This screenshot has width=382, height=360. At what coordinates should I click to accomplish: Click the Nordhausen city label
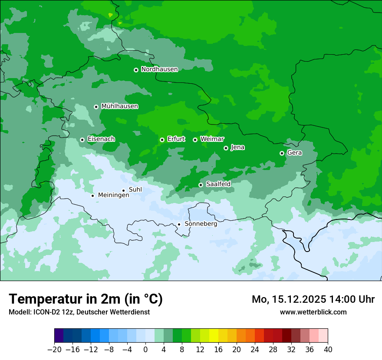159,69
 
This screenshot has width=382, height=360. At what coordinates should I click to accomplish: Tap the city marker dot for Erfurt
162,140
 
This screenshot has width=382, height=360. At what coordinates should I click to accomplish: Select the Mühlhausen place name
119,106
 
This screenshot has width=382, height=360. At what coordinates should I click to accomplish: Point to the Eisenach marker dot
82,140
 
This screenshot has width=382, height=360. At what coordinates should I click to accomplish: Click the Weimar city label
212,139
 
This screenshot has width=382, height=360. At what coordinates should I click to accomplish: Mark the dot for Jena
226,148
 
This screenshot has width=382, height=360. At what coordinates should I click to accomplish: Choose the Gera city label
294,153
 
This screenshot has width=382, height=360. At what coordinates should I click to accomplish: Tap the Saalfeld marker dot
201,185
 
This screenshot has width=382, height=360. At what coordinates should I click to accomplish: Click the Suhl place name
135,190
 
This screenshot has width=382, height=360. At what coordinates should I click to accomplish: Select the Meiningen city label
113,196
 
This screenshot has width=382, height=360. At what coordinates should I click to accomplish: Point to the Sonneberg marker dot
179,224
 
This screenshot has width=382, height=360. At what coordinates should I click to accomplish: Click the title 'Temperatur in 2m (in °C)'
86,299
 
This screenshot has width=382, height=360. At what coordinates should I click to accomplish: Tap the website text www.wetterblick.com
313,312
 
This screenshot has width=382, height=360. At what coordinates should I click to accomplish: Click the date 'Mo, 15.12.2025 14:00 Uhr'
313,299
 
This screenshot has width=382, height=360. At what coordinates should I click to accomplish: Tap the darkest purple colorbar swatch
59,336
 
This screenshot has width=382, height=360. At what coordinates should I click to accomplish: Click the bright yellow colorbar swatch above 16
214,336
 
